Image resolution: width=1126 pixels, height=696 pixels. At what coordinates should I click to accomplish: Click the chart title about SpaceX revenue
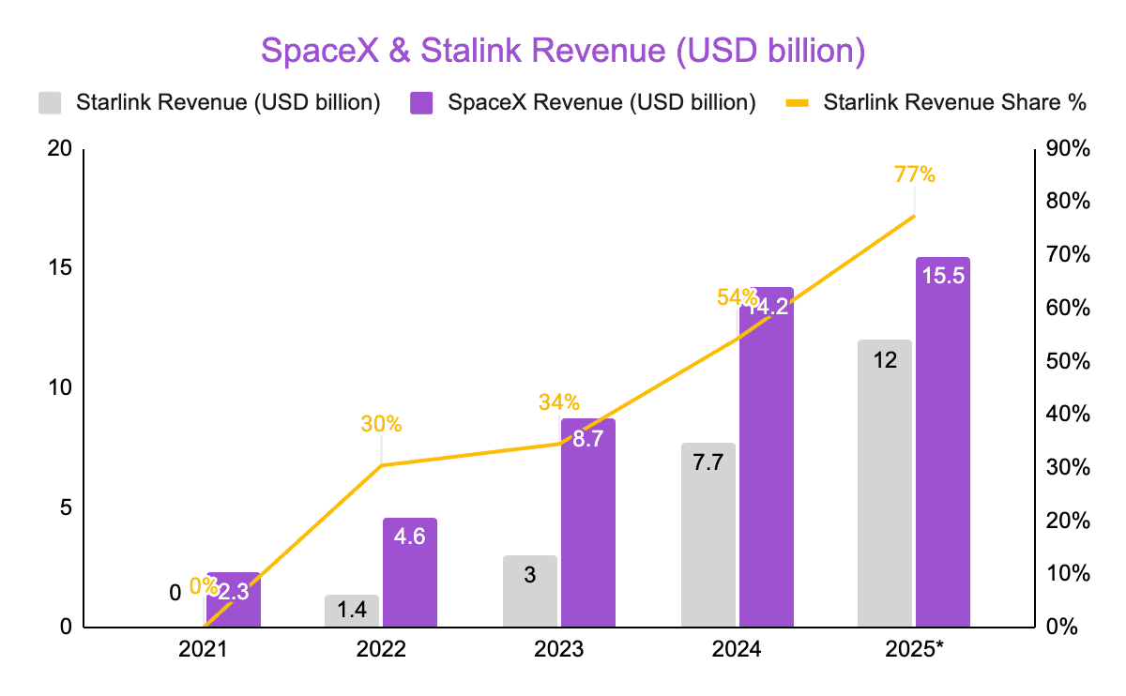(x=562, y=51)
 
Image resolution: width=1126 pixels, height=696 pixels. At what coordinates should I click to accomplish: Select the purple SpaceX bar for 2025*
(x=943, y=450)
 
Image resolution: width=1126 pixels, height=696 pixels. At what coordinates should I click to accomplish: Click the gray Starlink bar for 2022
(x=352, y=611)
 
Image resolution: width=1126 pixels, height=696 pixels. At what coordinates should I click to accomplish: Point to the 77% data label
(x=914, y=174)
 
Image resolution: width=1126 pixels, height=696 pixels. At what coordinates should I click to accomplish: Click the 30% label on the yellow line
(x=381, y=424)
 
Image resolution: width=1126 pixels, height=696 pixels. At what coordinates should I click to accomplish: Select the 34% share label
(x=559, y=402)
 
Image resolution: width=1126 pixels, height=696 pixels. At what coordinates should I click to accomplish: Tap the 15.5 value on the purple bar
(x=943, y=276)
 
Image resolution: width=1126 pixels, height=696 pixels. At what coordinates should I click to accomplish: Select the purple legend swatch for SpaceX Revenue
(x=421, y=102)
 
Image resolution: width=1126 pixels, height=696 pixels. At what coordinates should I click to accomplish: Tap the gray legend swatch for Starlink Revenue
(x=50, y=102)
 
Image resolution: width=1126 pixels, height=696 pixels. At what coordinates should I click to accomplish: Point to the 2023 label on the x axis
(x=559, y=649)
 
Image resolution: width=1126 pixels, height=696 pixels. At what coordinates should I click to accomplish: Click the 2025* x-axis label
(x=915, y=649)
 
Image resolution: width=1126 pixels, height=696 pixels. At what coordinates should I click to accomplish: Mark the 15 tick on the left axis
(x=60, y=268)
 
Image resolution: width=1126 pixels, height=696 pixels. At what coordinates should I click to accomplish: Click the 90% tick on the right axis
(x=1068, y=149)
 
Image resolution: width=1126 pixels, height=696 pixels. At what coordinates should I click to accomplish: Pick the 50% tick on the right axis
(x=1068, y=361)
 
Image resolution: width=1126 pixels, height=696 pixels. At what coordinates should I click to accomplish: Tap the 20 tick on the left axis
(x=60, y=149)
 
